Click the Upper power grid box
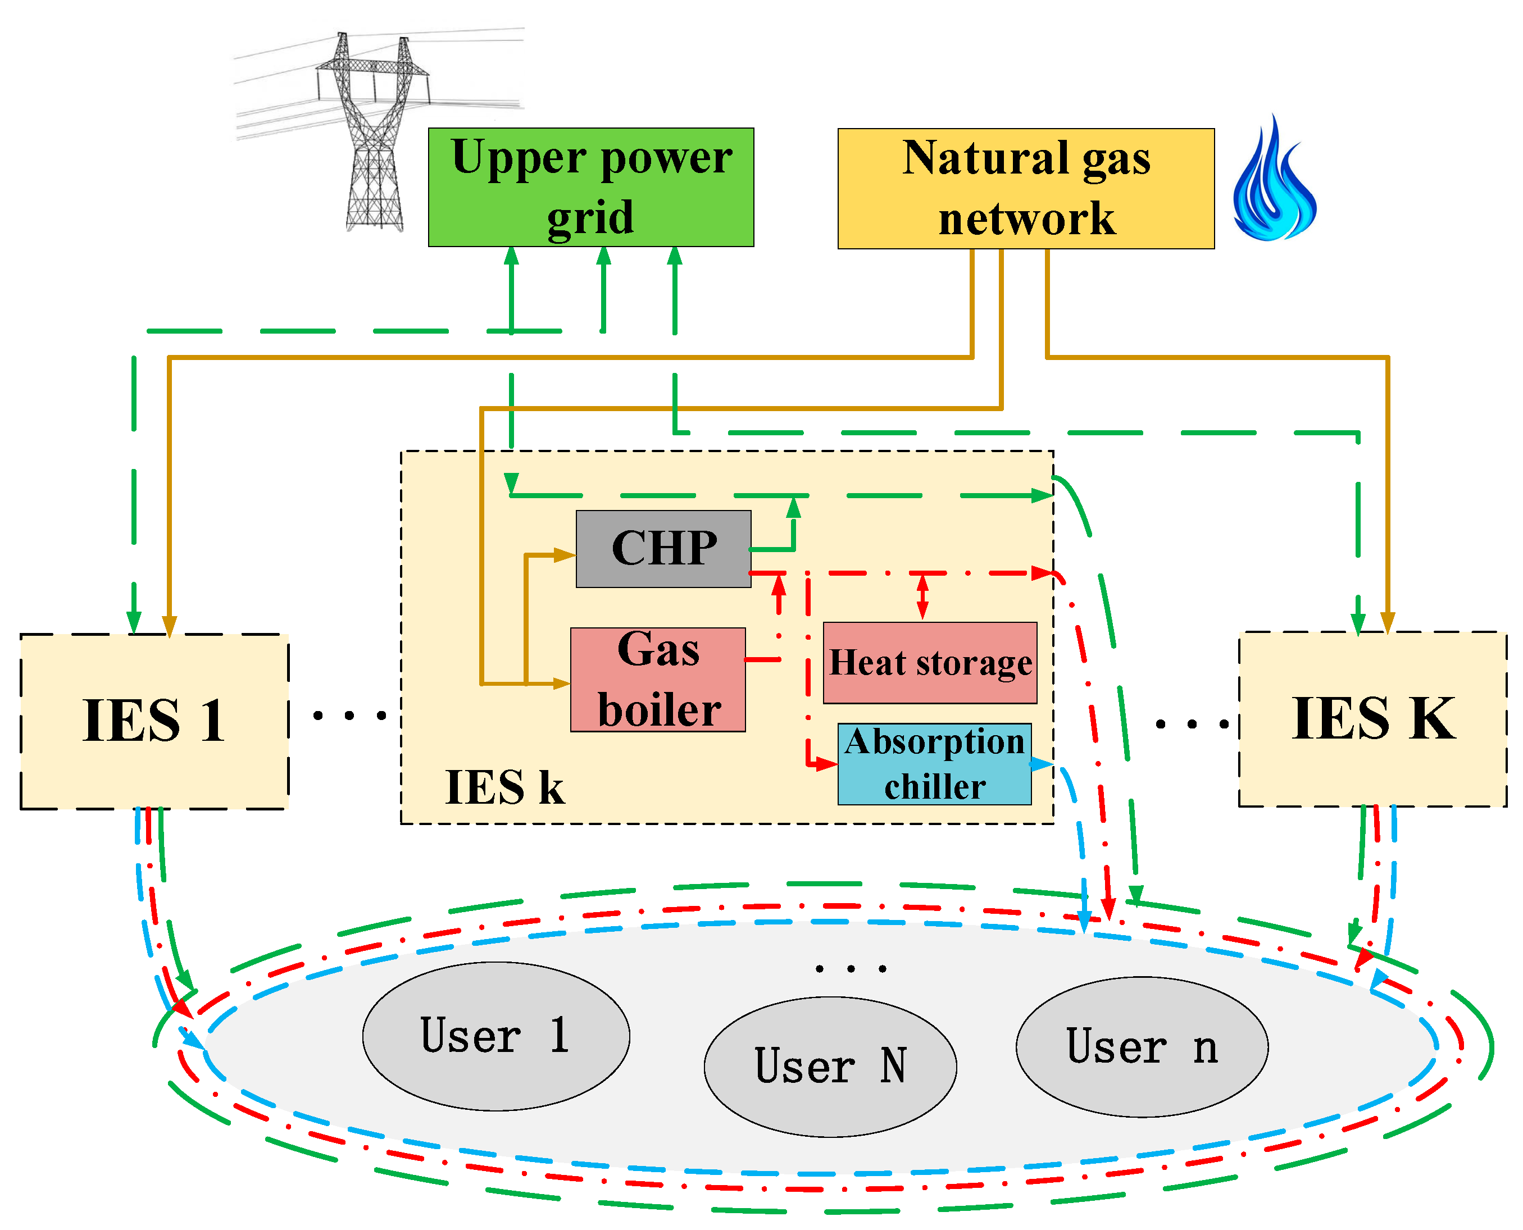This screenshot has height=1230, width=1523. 590,187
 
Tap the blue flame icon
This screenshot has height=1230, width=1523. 1274,181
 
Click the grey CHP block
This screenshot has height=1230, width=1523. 663,548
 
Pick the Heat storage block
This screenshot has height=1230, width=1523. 929,663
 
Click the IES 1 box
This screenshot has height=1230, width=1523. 154,721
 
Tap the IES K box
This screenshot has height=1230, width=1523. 1371,718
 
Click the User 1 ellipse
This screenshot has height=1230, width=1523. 495,1035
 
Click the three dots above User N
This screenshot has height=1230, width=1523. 850,968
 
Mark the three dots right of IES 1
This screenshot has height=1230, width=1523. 349,716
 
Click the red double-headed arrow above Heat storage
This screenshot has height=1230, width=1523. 922,596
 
